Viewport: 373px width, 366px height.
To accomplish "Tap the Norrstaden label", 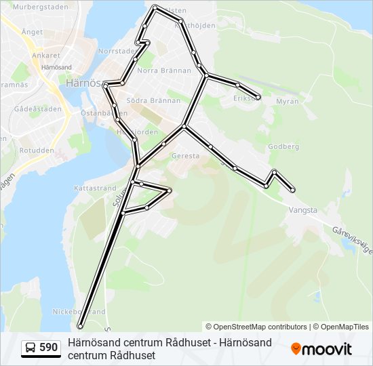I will point(117,51).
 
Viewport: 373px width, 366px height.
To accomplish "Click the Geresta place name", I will point(186,155).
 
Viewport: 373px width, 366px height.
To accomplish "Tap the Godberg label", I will point(283,146).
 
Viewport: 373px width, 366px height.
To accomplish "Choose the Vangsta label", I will point(302,210).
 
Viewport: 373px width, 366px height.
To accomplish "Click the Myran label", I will point(288,101).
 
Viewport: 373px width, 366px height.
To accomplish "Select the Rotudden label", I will point(37,150).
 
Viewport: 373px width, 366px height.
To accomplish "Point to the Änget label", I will point(32,31).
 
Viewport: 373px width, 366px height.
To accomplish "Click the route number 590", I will point(48,347).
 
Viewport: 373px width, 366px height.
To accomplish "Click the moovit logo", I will point(321,348).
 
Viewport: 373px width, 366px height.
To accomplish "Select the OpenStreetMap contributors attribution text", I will point(256,327).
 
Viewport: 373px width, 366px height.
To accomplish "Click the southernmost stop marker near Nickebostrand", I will point(80,326).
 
